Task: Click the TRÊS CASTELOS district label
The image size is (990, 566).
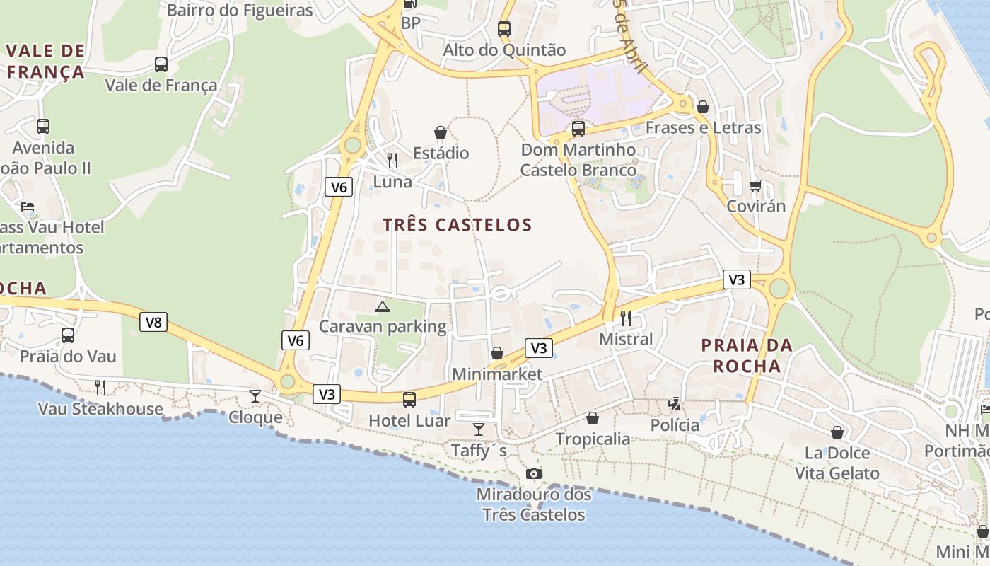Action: (457, 225)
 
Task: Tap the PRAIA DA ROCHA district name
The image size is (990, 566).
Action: (747, 356)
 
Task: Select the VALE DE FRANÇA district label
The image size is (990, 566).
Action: (46, 61)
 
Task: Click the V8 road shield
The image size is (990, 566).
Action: (153, 323)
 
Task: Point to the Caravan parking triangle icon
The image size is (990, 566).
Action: (383, 306)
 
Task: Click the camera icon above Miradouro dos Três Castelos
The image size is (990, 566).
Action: (534, 473)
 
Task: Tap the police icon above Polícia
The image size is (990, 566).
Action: (675, 404)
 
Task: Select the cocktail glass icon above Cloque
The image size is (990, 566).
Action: (255, 396)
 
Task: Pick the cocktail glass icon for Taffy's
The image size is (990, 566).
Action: (479, 429)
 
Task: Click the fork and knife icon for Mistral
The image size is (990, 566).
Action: (626, 318)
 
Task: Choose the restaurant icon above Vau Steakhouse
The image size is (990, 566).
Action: (100, 387)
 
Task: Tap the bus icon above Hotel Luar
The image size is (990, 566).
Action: (409, 400)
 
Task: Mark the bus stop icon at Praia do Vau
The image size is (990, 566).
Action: (68, 335)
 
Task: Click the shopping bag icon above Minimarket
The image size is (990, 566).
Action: (497, 353)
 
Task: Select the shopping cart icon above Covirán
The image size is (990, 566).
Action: (756, 186)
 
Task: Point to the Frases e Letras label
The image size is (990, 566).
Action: (703, 128)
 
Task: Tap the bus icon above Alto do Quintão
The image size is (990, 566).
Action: (504, 29)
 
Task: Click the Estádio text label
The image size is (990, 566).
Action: (441, 153)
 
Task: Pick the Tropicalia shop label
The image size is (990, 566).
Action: (593, 439)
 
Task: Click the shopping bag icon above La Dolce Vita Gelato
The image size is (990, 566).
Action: (837, 432)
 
